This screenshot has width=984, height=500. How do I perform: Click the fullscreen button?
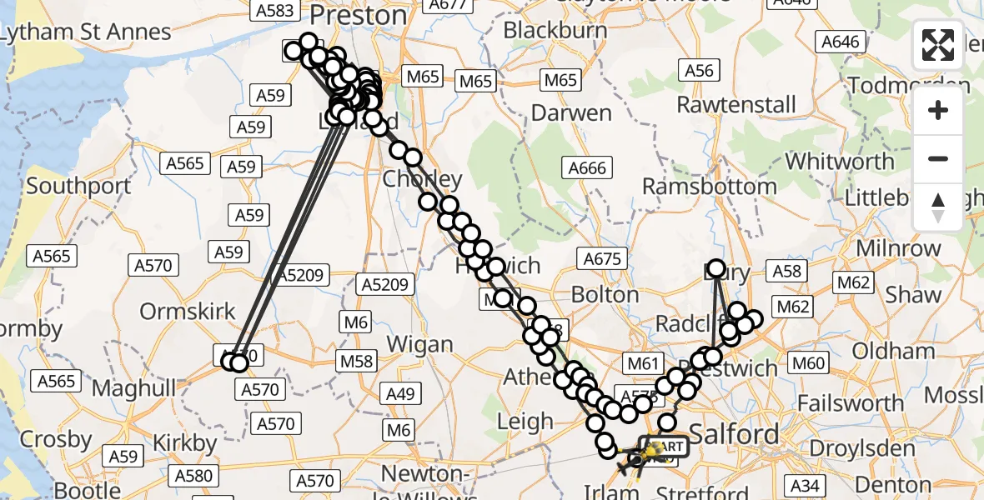[x=938, y=45]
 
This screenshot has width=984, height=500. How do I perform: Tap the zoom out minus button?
[x=938, y=158]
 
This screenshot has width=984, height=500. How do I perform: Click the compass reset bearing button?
[x=938, y=206]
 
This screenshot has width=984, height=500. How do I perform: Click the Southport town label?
[x=78, y=185]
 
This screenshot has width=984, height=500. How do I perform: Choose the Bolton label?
[x=605, y=295]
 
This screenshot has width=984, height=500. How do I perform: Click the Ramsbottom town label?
[x=709, y=186]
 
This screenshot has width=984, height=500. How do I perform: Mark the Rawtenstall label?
[x=736, y=105]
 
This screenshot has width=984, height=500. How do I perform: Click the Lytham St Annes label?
[x=86, y=32]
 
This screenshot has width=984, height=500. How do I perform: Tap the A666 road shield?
[x=586, y=168]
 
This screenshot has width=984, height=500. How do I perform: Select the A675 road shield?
[x=602, y=259]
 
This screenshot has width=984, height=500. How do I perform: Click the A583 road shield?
[x=275, y=10]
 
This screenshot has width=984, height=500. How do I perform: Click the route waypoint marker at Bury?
[x=715, y=269]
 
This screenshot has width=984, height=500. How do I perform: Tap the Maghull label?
[x=134, y=387]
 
